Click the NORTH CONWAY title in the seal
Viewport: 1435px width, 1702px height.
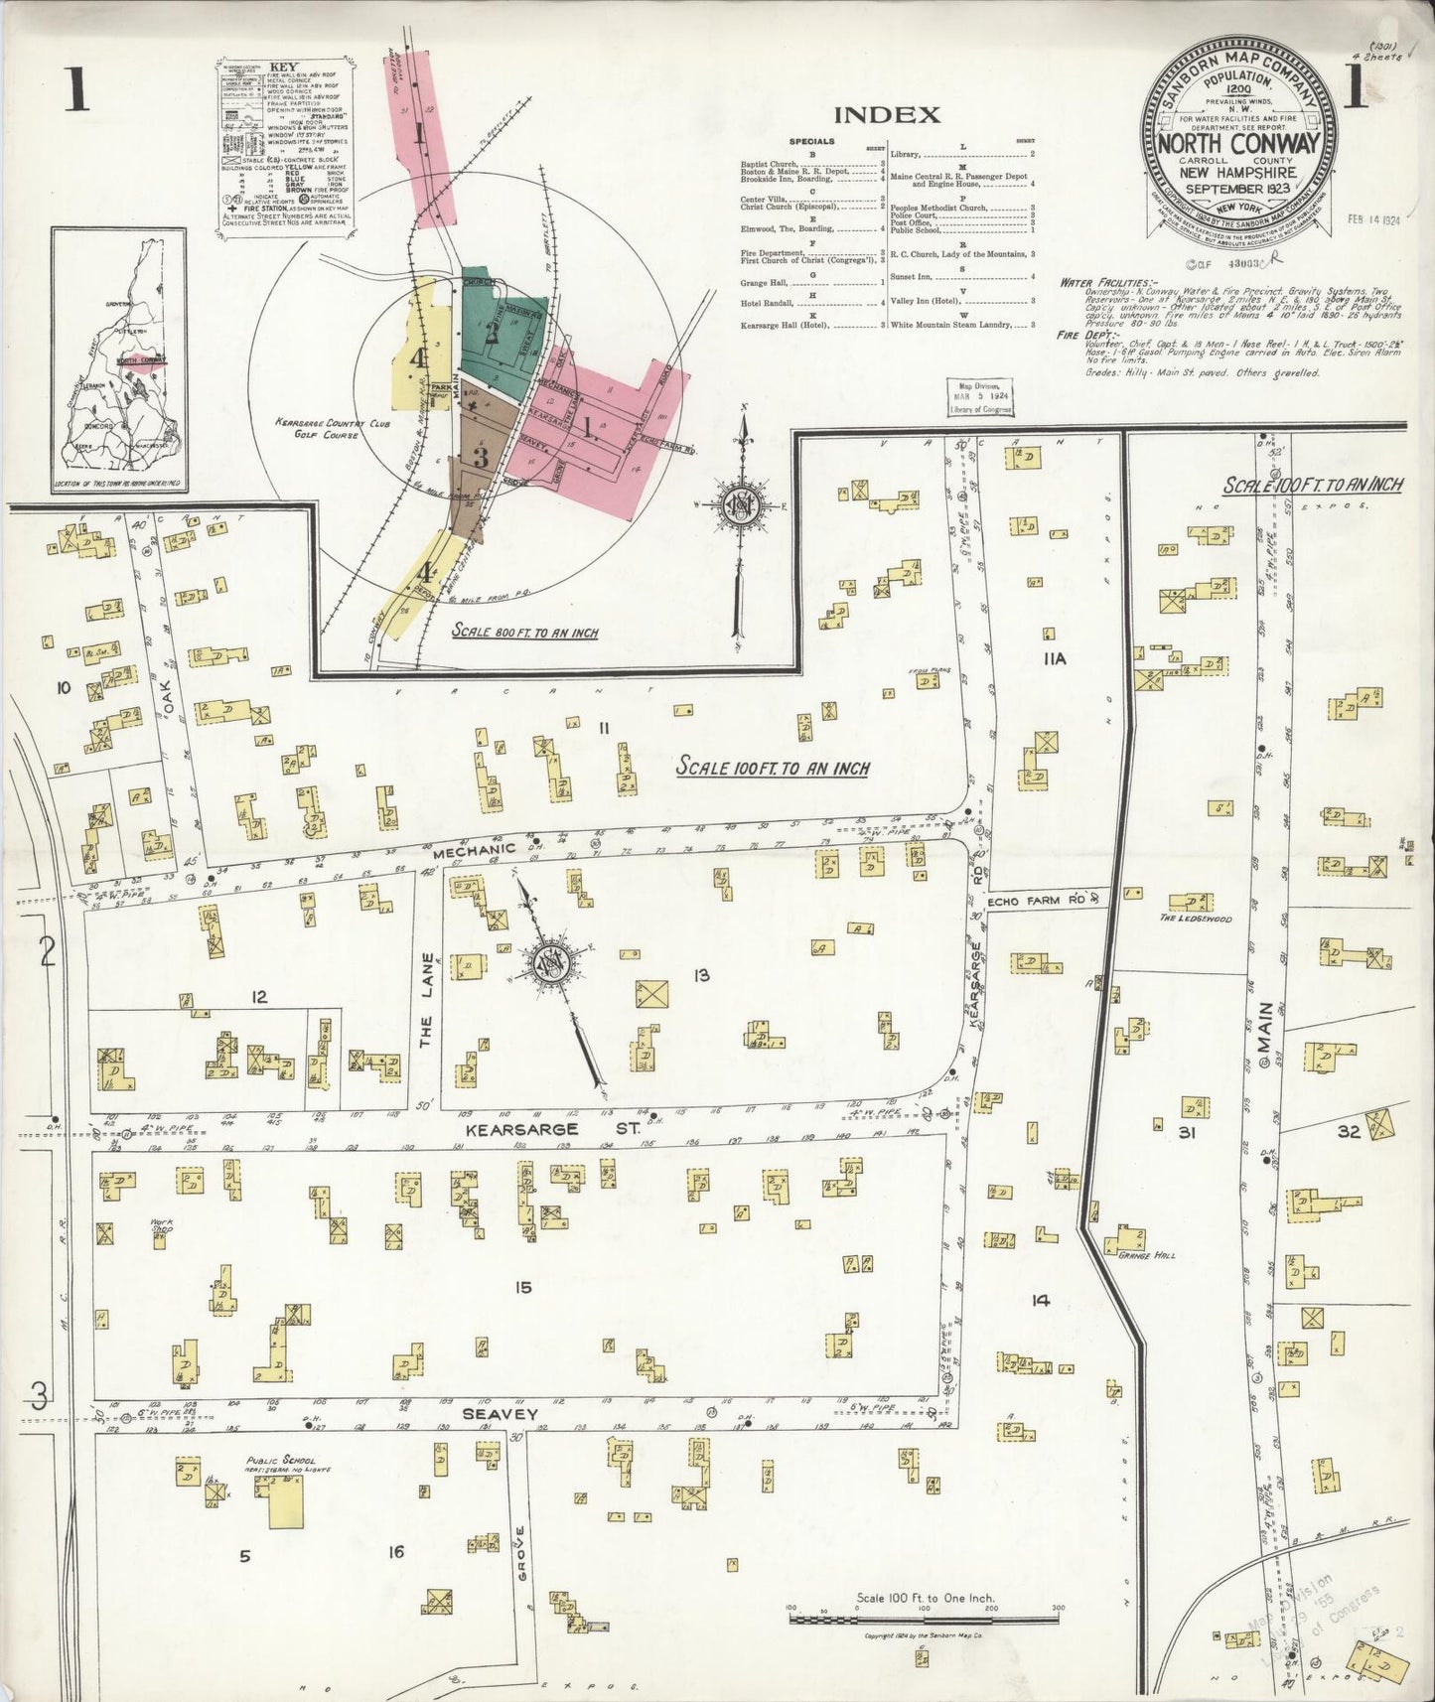click(x=1237, y=144)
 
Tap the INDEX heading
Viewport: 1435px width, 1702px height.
click(x=887, y=114)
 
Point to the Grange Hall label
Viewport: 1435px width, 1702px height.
click(x=1146, y=1255)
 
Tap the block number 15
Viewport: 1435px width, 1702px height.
click(x=523, y=1288)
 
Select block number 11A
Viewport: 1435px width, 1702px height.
click(x=1054, y=657)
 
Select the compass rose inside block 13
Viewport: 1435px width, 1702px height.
click(x=548, y=962)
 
